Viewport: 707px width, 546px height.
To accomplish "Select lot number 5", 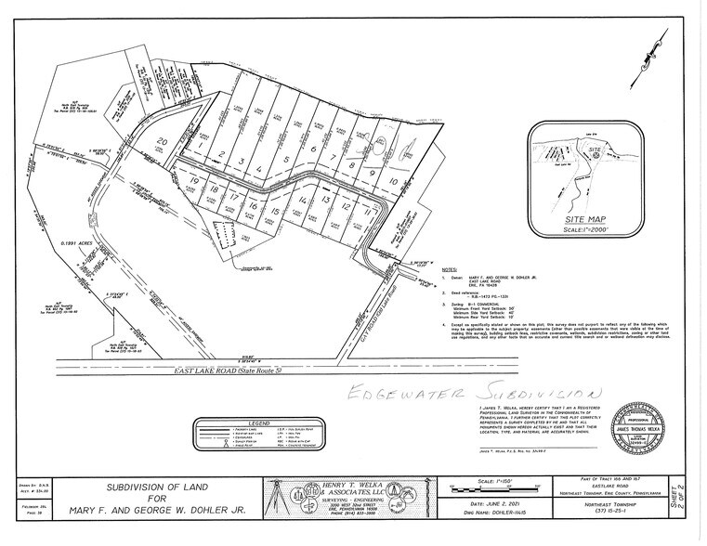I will coord(287,159).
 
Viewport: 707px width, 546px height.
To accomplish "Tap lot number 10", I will coord(394,183).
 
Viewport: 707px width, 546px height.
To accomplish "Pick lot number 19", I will coord(194,181).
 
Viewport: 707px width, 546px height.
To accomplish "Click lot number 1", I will coord(201,146).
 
